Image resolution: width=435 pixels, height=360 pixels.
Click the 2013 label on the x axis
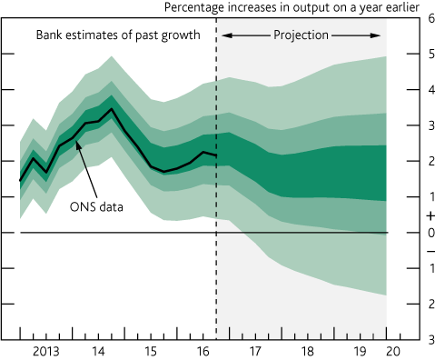tap(47, 351)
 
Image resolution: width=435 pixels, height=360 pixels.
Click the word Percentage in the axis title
tap(196, 7)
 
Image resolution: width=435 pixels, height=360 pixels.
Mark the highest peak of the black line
tap(112, 109)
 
